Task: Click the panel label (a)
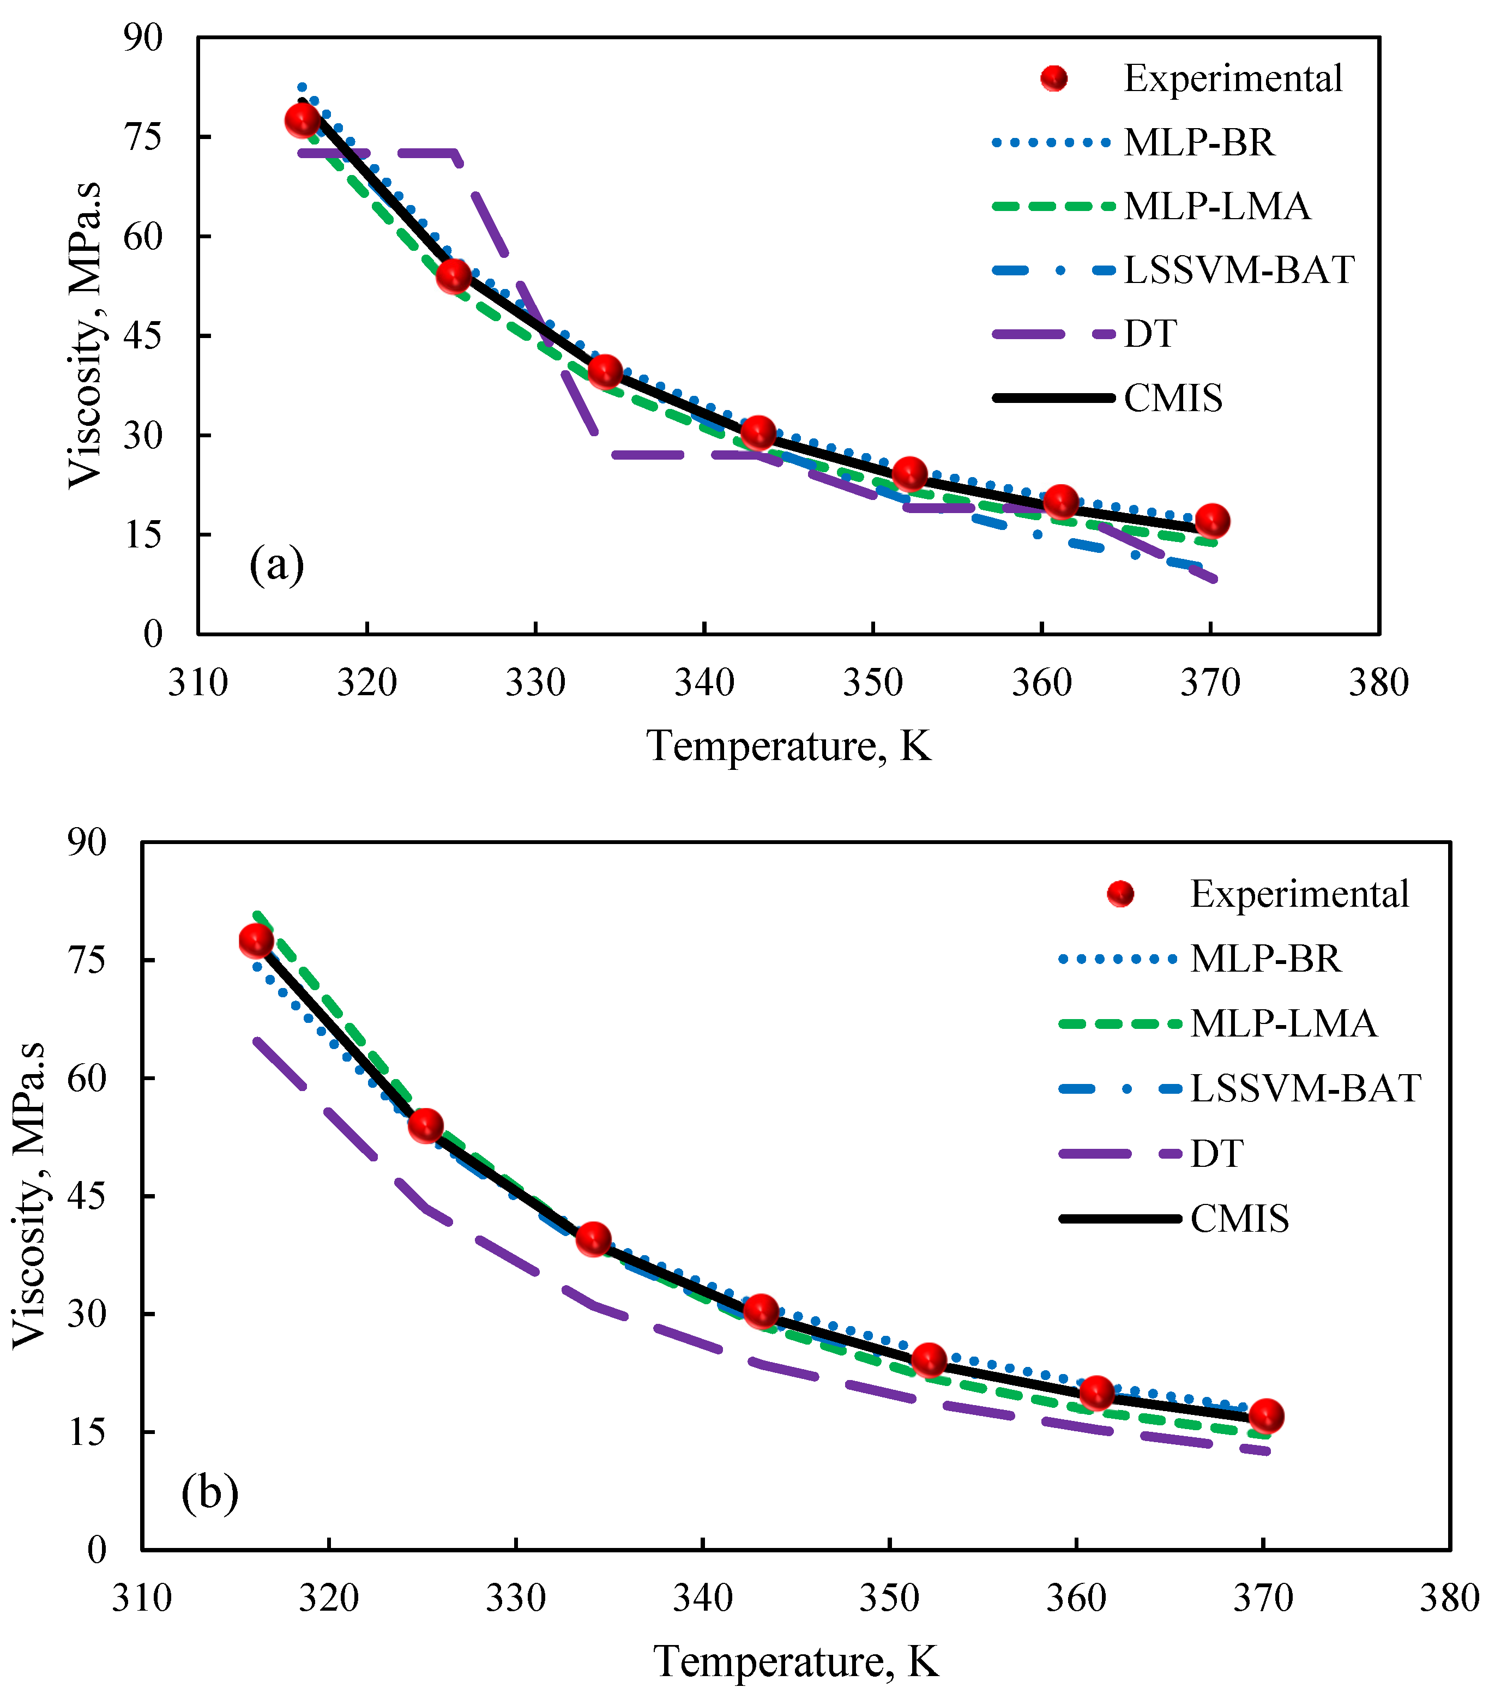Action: [x=276, y=566]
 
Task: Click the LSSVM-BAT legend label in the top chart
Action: [x=1238, y=270]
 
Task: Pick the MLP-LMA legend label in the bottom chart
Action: [x=1283, y=1024]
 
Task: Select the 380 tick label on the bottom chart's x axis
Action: [x=1449, y=1598]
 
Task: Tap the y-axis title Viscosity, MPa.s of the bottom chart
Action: [x=30, y=1195]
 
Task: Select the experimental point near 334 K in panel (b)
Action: [x=593, y=1239]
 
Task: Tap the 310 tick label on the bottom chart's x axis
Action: [x=142, y=1598]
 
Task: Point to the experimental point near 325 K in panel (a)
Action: [x=454, y=276]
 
